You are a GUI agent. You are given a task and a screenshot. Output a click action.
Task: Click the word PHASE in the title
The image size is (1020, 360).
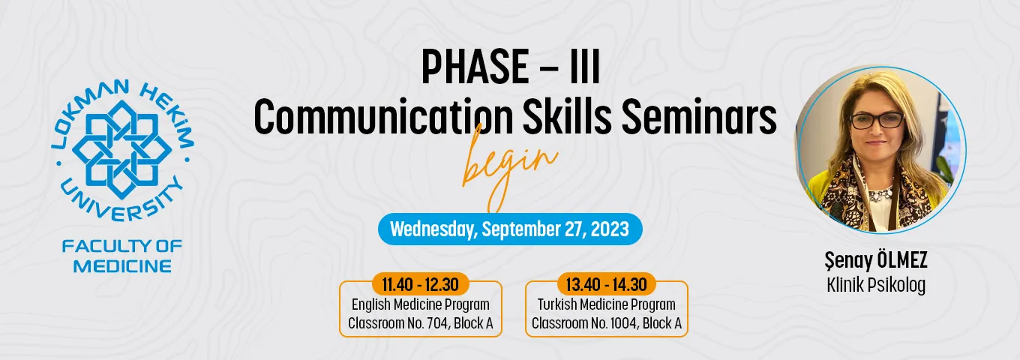[475, 67]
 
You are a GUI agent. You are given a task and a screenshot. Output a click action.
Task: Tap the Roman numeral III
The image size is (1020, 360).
[583, 67]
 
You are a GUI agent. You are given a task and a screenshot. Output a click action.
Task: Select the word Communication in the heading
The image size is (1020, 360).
[383, 117]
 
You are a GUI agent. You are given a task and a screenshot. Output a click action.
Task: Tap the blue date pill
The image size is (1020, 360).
[510, 229]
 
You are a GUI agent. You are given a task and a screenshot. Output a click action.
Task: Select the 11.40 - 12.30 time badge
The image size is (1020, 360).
[420, 284]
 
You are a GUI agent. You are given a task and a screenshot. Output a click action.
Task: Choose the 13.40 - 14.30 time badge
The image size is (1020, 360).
[606, 284]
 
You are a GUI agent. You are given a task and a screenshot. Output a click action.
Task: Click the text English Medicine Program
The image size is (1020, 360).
[420, 304]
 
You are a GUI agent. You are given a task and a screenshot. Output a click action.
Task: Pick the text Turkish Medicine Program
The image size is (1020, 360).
[606, 304]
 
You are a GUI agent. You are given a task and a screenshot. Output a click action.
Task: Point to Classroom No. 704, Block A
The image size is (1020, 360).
[420, 323]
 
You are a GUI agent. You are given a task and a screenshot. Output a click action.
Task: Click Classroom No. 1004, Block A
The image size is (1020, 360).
[606, 323]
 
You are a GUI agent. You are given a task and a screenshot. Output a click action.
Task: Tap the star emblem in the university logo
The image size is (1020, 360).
[122, 148]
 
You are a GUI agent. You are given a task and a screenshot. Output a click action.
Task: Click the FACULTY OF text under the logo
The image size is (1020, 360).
[122, 247]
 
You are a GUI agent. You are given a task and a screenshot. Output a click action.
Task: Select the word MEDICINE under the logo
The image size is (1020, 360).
[122, 266]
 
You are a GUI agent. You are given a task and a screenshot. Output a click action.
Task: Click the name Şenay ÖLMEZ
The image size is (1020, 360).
[876, 261]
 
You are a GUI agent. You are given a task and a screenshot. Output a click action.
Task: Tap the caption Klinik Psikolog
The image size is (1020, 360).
[876, 285]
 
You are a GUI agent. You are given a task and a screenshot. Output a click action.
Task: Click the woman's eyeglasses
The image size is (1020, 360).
[876, 121]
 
